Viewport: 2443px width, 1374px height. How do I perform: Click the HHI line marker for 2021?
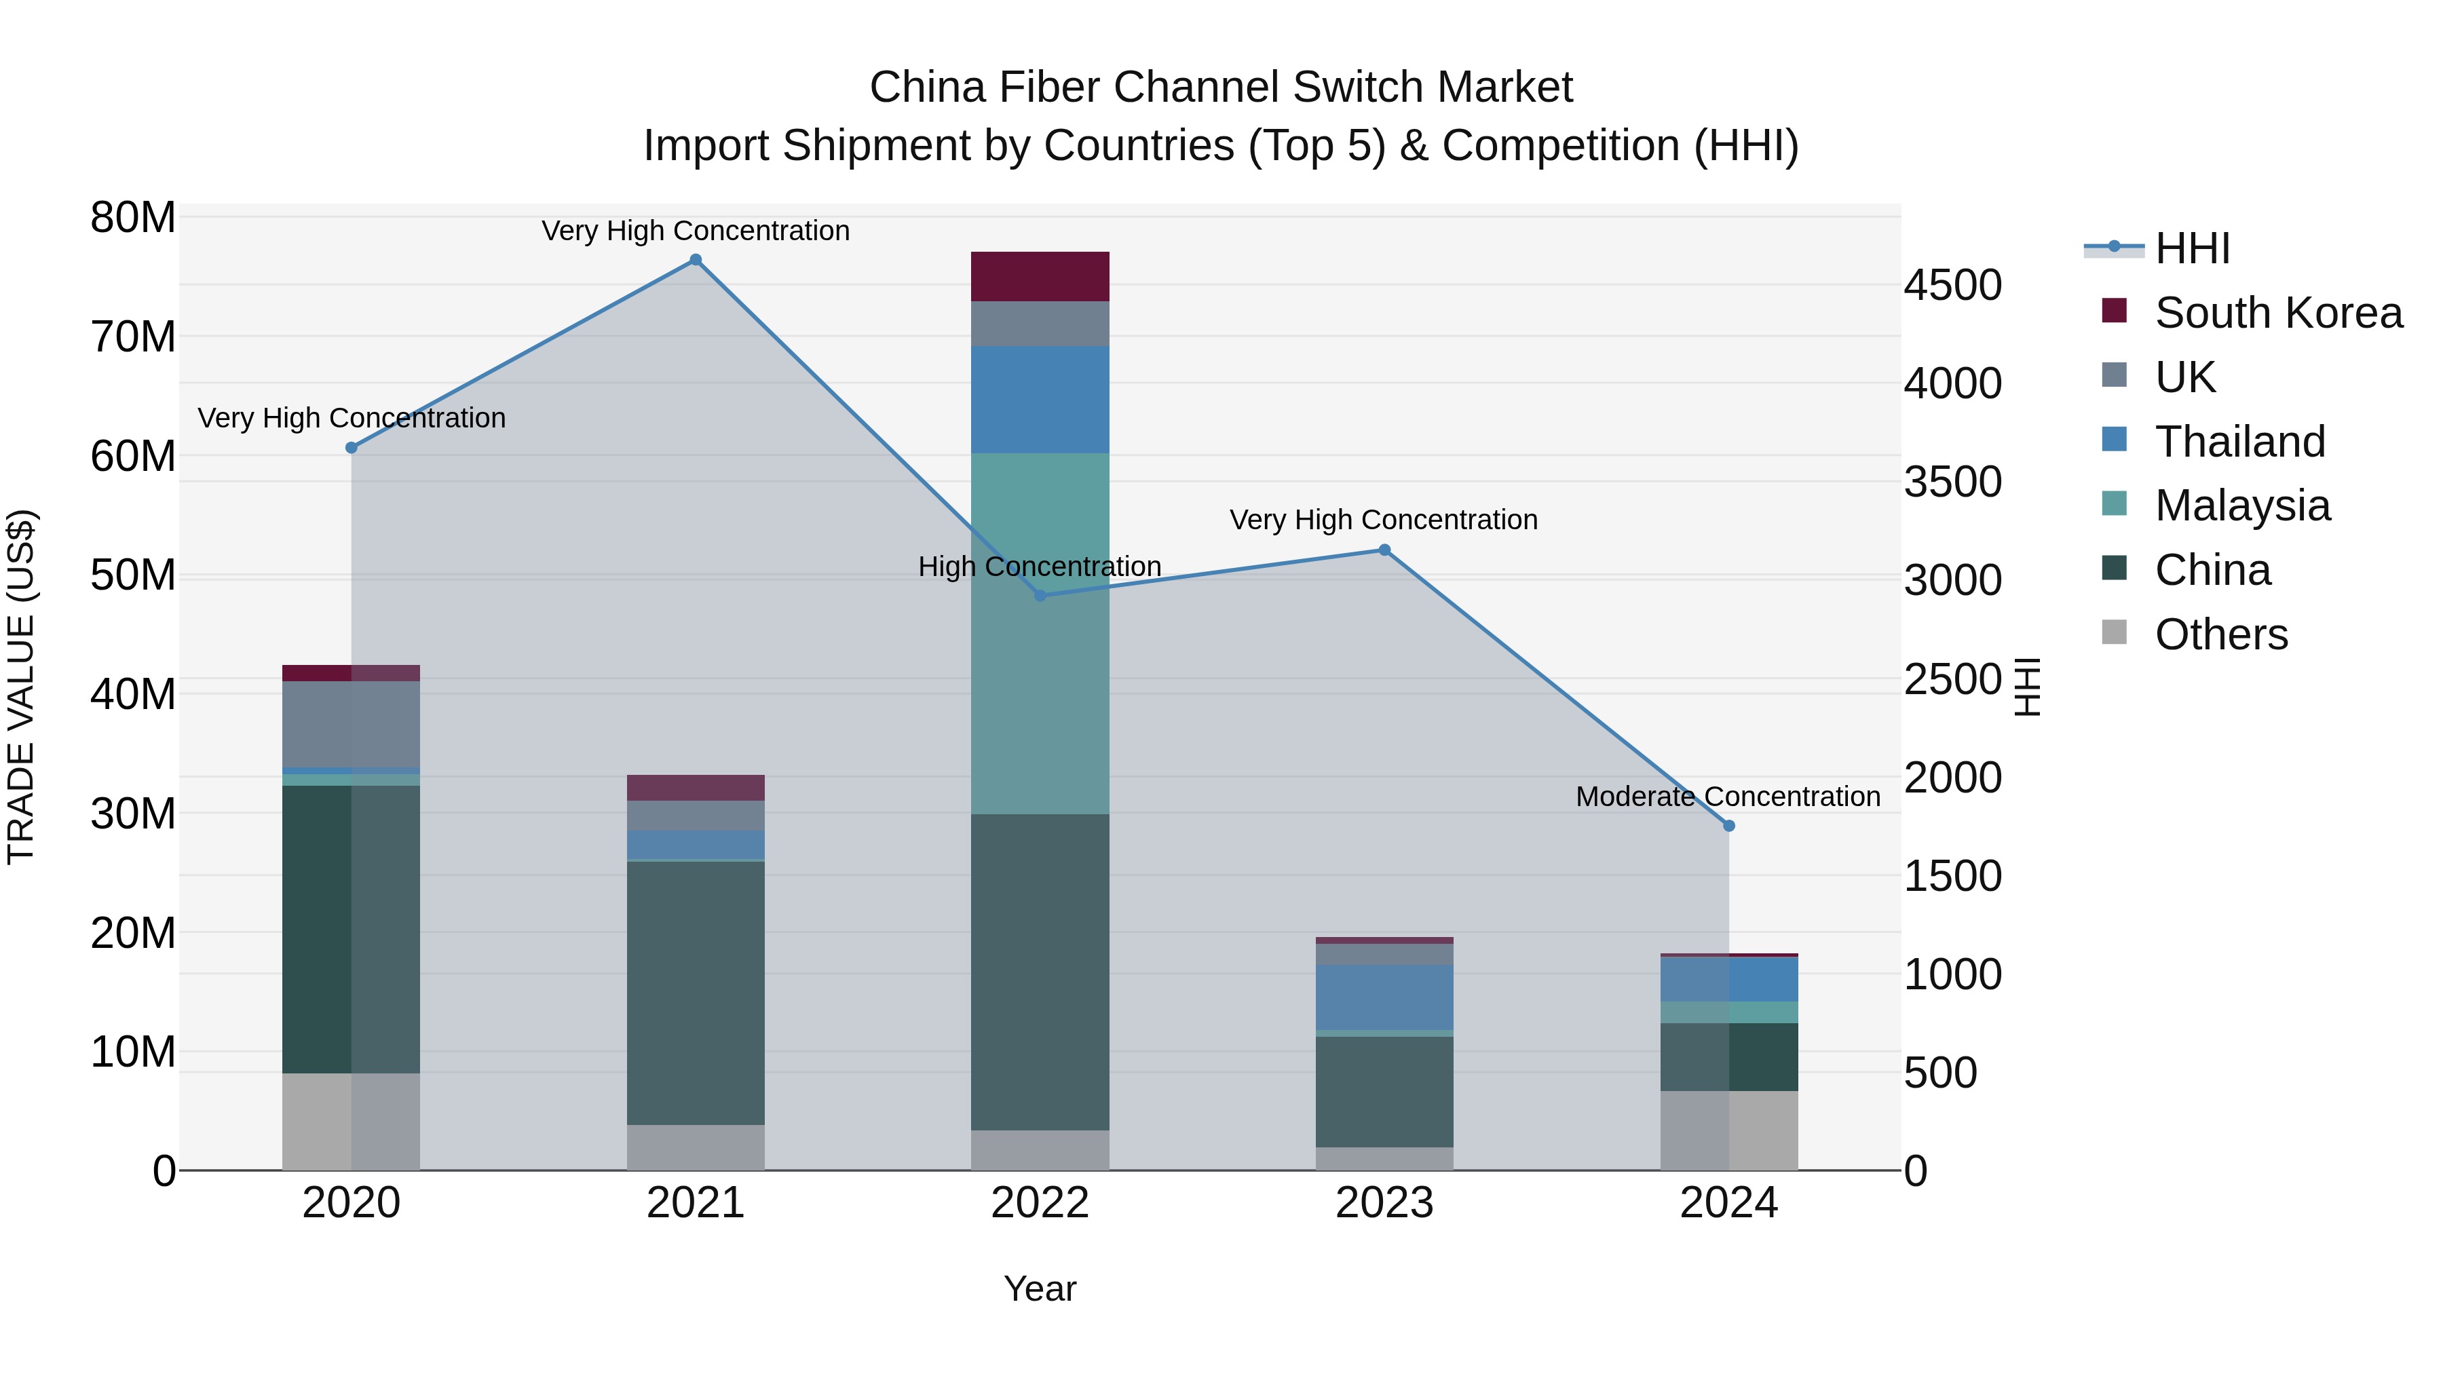point(695,260)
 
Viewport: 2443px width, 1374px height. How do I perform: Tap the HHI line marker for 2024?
point(1728,826)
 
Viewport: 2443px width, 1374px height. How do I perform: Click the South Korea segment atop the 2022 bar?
point(1040,276)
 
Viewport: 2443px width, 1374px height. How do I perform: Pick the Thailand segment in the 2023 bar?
point(1384,997)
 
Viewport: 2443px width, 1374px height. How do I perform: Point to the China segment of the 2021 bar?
point(695,992)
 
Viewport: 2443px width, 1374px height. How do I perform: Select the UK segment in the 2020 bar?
point(351,723)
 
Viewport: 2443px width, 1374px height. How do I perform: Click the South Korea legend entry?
point(2277,313)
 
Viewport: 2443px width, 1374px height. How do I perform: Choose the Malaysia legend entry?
point(2241,505)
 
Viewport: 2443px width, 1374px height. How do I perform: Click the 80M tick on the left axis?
point(133,218)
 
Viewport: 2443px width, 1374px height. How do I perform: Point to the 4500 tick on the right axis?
point(1952,286)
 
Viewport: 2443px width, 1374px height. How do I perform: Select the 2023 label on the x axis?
point(1384,1203)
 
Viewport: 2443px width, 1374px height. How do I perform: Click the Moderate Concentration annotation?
point(1727,797)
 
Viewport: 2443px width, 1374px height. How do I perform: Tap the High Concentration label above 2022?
point(1040,566)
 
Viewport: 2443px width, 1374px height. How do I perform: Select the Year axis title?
point(1040,1289)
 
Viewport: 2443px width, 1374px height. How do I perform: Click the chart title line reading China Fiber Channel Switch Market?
point(1221,88)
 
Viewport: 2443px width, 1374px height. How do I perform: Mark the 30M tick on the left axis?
point(133,814)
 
